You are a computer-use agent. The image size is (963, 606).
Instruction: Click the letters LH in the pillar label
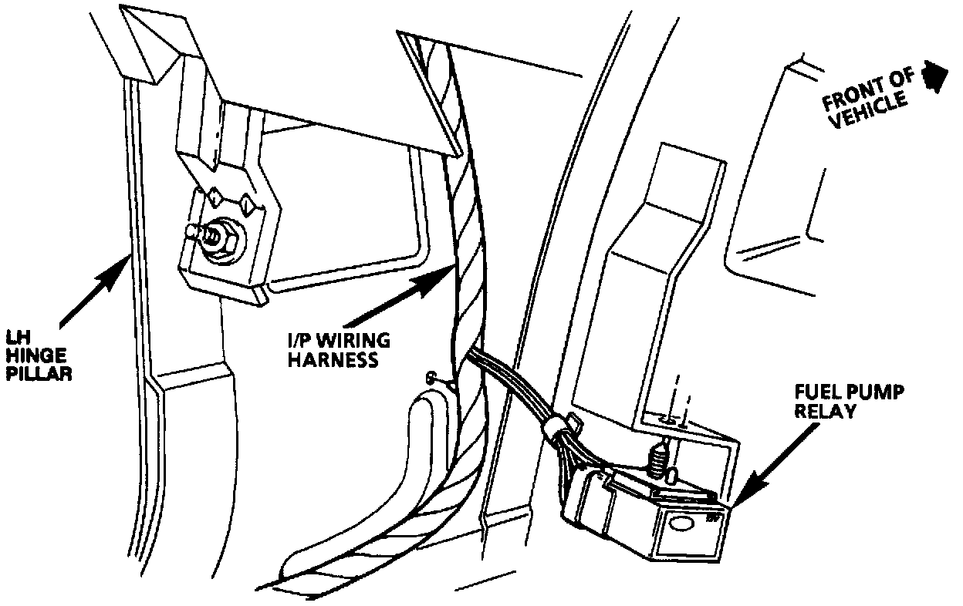(x=16, y=337)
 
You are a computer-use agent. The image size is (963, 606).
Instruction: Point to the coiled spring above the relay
(x=657, y=462)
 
